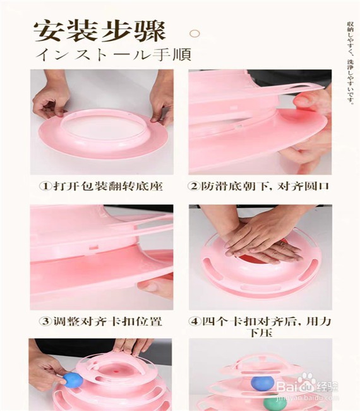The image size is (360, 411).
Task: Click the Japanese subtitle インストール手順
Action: pos(114,54)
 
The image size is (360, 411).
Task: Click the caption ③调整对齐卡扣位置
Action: pos(100,321)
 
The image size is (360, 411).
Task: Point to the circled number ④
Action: pos(195,321)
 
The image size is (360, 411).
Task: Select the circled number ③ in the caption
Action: pos(45,321)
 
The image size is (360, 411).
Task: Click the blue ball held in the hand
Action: pos(74,379)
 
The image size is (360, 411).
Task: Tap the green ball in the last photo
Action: pos(273,403)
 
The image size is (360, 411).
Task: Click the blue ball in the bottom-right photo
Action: pos(262,383)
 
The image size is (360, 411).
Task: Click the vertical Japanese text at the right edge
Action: pos(350,63)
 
